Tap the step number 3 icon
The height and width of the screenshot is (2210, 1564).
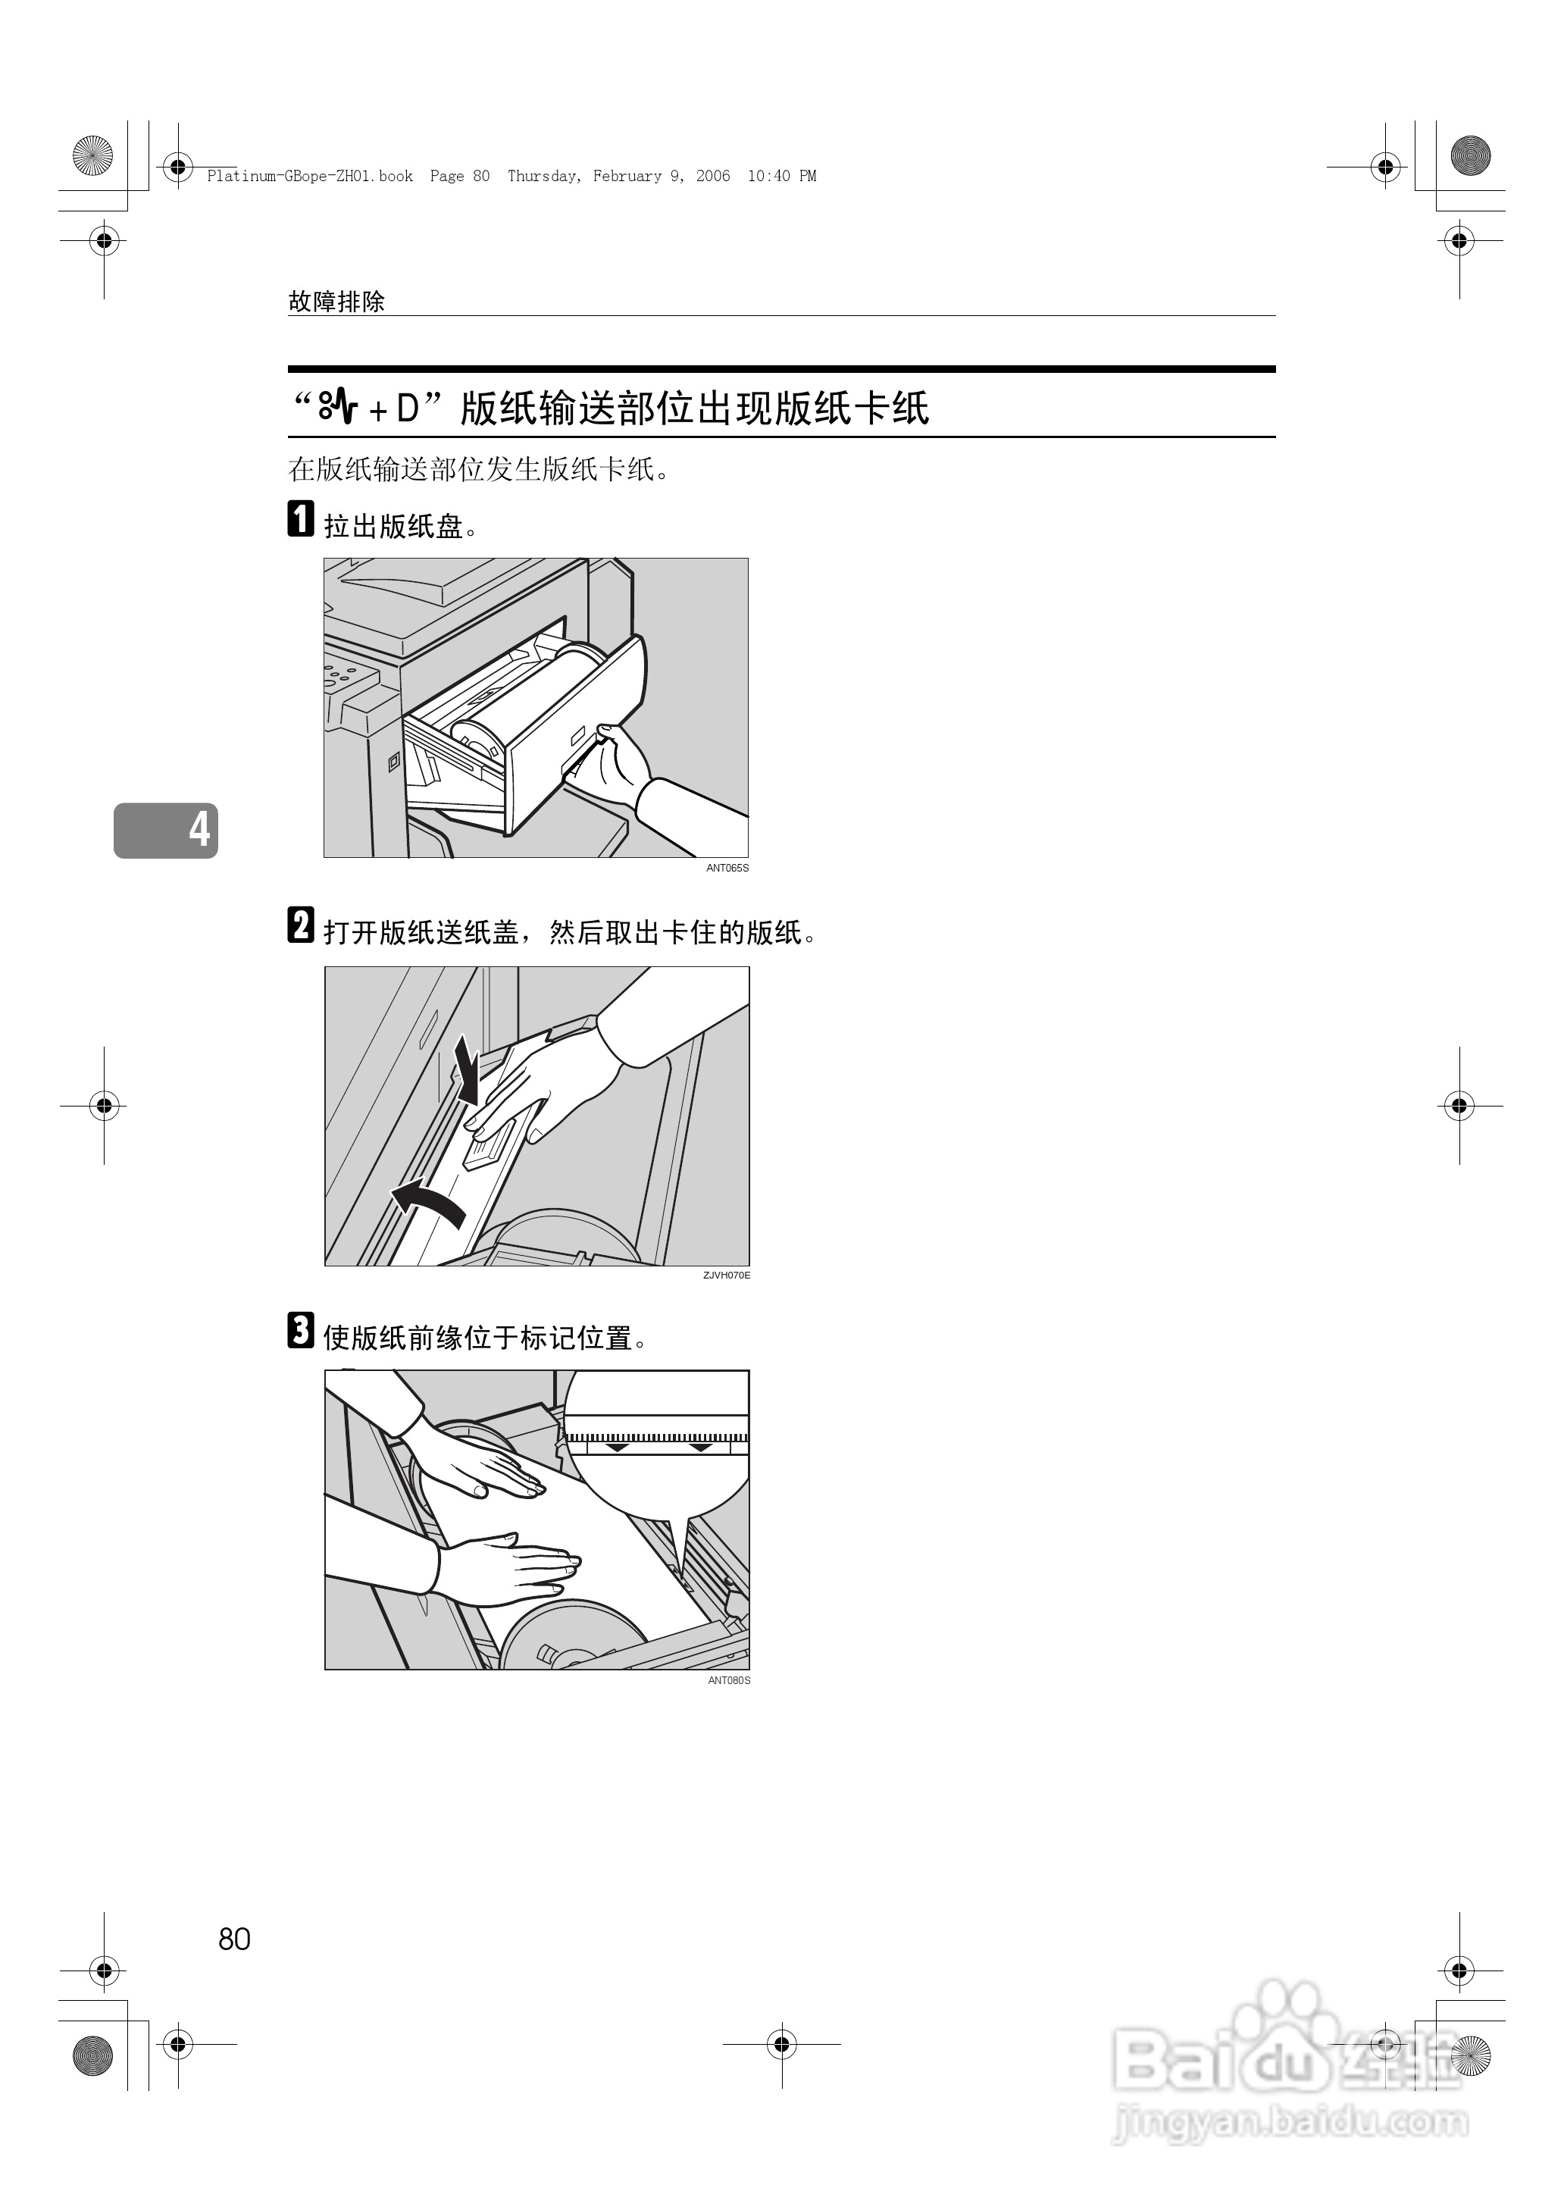pos(301,1330)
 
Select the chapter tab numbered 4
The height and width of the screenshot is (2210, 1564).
pos(167,829)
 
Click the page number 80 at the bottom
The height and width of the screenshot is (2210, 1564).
pos(234,1939)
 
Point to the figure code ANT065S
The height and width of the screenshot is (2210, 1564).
pos(727,868)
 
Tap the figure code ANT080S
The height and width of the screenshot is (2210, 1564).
pos(728,1680)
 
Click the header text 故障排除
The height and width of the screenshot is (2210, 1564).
pos(336,302)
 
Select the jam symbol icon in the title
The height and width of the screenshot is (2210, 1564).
pos(339,409)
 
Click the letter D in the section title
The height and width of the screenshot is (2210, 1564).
pos(408,409)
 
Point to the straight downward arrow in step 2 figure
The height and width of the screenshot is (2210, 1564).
pos(468,1071)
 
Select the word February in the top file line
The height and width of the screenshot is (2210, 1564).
pos(627,177)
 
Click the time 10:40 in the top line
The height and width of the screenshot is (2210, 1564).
pos(768,177)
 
